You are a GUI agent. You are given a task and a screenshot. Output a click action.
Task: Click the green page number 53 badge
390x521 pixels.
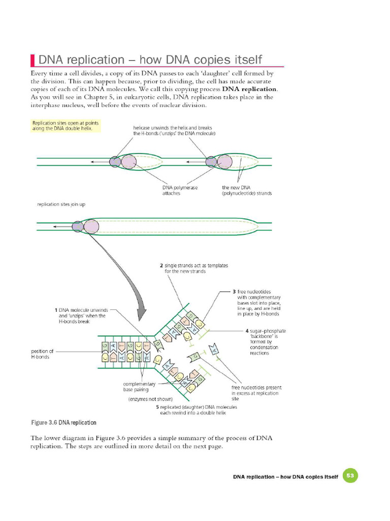click(x=350, y=476)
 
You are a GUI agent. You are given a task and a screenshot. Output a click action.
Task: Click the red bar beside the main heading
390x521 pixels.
click(x=33, y=60)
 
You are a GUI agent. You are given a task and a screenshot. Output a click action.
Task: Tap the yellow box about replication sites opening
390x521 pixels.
click(x=66, y=126)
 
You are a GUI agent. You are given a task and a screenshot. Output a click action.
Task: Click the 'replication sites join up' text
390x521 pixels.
click(x=61, y=204)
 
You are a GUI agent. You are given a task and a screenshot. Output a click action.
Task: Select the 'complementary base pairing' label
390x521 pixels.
click(x=139, y=386)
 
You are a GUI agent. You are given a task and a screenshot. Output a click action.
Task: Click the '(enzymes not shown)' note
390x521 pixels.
click(x=150, y=399)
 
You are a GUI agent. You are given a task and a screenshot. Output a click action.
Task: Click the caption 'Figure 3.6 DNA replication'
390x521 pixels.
click(x=64, y=423)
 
